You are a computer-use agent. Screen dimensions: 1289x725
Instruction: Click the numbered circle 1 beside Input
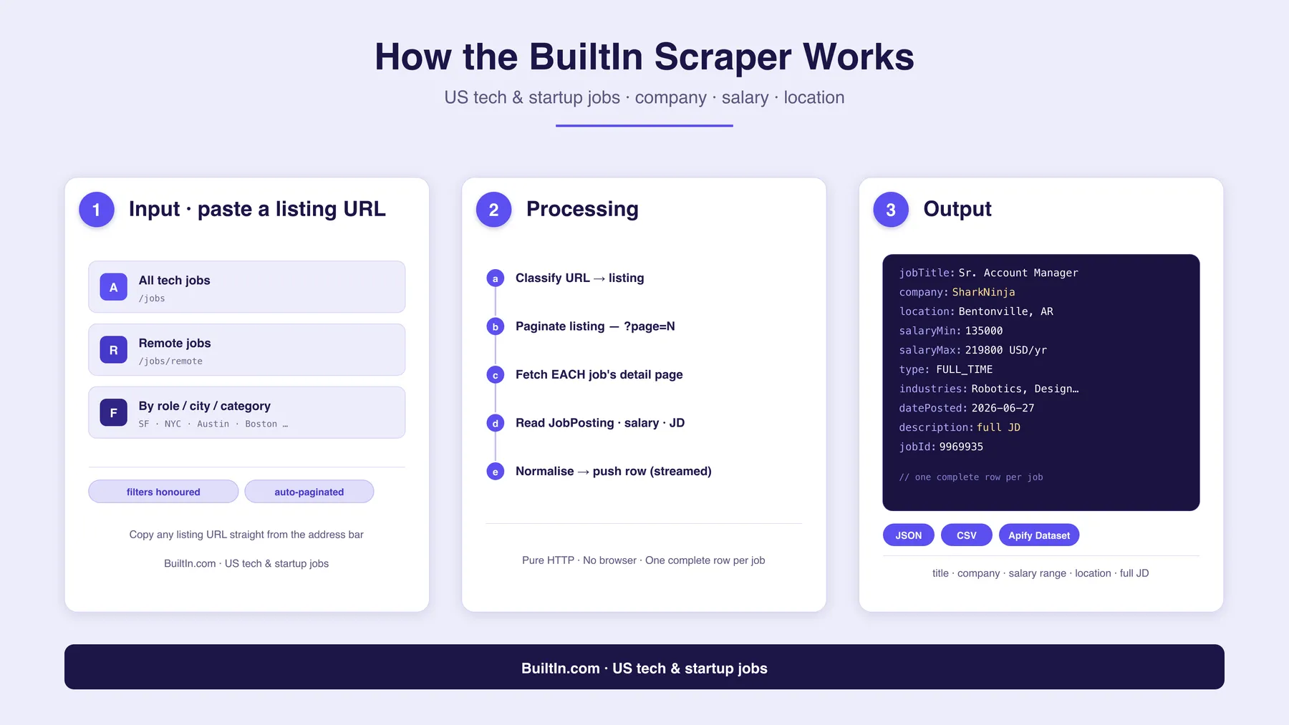click(x=97, y=210)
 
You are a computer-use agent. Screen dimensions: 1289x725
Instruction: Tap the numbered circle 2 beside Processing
click(x=494, y=210)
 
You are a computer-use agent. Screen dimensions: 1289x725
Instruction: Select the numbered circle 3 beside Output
click(x=891, y=210)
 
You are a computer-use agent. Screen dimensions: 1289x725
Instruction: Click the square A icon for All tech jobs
click(x=113, y=287)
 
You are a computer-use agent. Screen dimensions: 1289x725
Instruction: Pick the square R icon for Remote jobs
click(x=113, y=350)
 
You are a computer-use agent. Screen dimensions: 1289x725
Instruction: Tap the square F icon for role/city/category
click(x=113, y=413)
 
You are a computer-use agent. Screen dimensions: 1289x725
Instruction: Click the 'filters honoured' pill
click(x=163, y=492)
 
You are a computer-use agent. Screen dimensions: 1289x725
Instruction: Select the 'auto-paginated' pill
click(x=309, y=492)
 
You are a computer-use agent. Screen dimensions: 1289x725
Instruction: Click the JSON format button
click(x=909, y=535)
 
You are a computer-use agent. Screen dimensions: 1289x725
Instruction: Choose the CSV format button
click(x=967, y=535)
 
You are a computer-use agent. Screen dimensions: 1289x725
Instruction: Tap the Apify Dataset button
click(x=1039, y=535)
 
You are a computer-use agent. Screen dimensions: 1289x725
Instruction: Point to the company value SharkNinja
click(x=983, y=292)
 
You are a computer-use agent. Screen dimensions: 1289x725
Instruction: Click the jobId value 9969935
click(x=961, y=447)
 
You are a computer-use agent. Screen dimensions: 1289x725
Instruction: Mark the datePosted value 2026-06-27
click(x=1003, y=408)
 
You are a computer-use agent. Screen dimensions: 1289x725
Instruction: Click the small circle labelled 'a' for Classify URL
click(x=495, y=278)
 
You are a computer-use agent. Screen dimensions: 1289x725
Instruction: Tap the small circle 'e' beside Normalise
click(x=495, y=472)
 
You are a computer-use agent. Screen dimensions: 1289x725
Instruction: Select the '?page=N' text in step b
click(x=650, y=326)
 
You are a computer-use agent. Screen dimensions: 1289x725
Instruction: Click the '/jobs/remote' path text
click(x=170, y=361)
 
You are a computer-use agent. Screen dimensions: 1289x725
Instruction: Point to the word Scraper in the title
click(x=723, y=57)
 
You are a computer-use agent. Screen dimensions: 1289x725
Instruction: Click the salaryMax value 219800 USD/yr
click(x=1005, y=350)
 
